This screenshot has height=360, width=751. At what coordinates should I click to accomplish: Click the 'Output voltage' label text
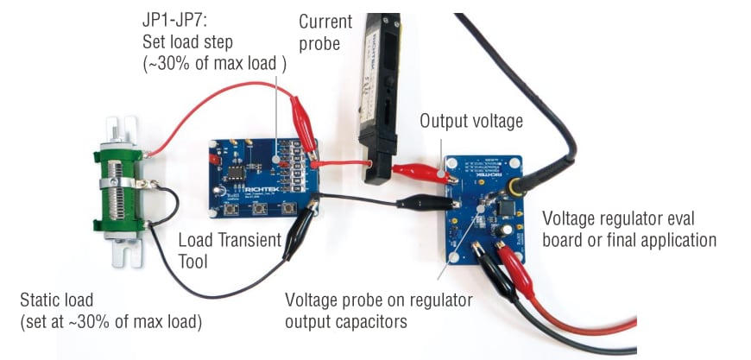tap(471, 121)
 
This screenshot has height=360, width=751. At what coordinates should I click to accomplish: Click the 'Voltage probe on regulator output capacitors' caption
tap(379, 311)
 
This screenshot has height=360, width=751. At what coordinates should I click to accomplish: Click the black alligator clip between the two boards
tap(423, 204)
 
